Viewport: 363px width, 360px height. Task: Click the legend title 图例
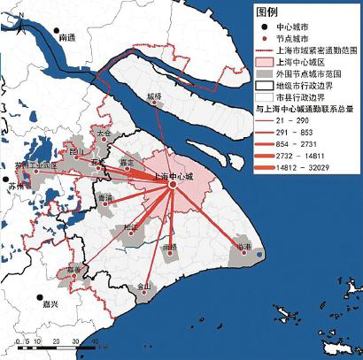tap(268, 13)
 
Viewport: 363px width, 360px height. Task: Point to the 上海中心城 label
tap(173, 177)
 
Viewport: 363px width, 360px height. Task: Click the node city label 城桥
tap(155, 95)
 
